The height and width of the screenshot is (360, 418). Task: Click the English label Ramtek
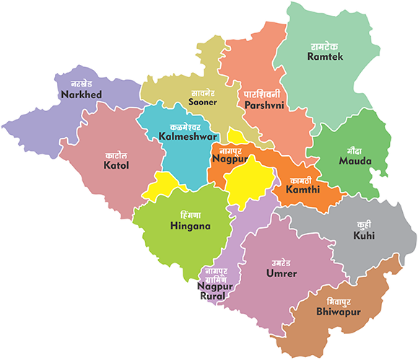pyautogui.click(x=326, y=56)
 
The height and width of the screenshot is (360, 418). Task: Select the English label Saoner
pyautogui.click(x=203, y=103)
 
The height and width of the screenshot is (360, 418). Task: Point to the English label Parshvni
pyautogui.click(x=264, y=105)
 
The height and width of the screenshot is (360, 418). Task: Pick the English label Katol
pyautogui.click(x=116, y=166)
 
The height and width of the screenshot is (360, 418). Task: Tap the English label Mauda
pyautogui.click(x=355, y=162)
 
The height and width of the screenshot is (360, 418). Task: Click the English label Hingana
pyautogui.click(x=191, y=227)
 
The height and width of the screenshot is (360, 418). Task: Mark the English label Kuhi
pyautogui.click(x=364, y=236)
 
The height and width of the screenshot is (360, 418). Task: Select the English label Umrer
pyautogui.click(x=281, y=274)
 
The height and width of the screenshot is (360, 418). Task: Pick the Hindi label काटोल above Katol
pyautogui.click(x=116, y=155)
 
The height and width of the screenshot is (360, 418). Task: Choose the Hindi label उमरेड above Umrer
pyautogui.click(x=281, y=263)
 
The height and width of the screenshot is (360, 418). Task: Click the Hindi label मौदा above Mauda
pyautogui.click(x=355, y=150)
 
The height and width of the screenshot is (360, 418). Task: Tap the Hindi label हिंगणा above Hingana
pyautogui.click(x=191, y=215)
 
